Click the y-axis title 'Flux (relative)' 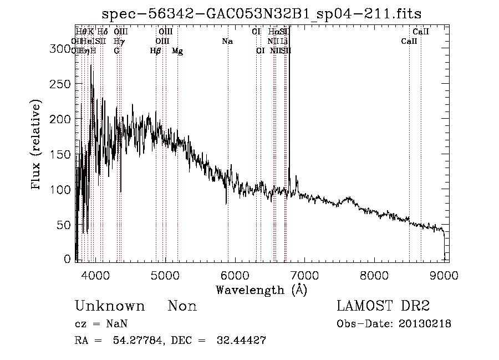(x=37, y=146)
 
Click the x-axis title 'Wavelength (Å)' (x=261, y=290)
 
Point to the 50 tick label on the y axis (x=65, y=225)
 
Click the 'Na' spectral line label (x=227, y=42)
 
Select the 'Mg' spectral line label (x=177, y=51)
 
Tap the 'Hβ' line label (x=155, y=51)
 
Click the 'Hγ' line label (x=118, y=42)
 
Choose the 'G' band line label (x=116, y=51)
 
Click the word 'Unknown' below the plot (x=110, y=306)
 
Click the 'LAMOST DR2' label (x=383, y=306)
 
